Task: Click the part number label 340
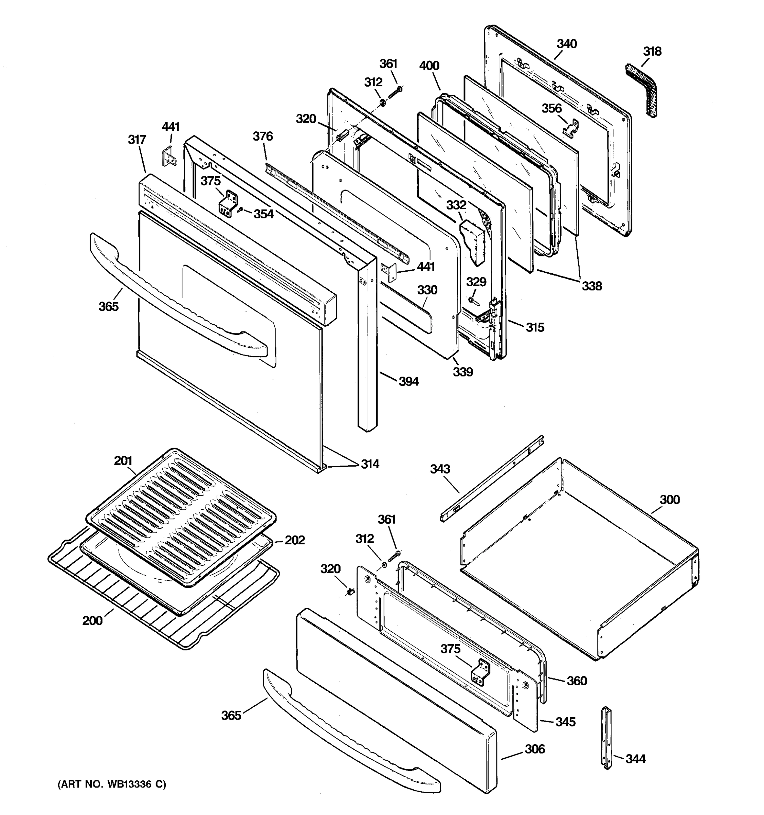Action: [x=567, y=44]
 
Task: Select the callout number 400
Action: [x=429, y=66]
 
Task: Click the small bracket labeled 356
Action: [x=570, y=128]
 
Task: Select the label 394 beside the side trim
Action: [x=408, y=382]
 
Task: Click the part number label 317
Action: [x=137, y=140]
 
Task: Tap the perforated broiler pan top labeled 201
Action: [x=180, y=517]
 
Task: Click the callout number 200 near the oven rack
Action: [x=92, y=621]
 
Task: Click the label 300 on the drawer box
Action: [x=669, y=500]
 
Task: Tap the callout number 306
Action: [x=535, y=749]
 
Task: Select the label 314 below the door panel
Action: [x=370, y=464]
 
